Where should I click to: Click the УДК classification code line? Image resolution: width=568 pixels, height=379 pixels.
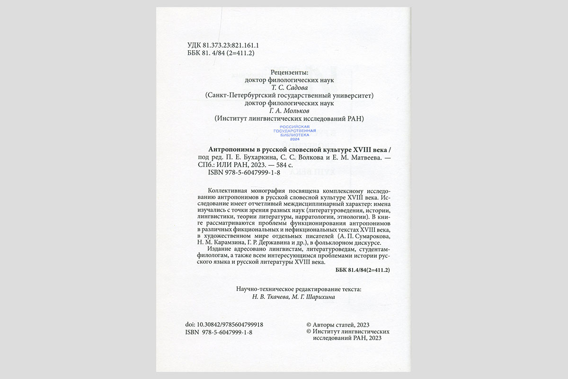point(219,45)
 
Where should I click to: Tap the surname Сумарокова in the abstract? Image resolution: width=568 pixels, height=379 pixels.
point(372,236)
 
